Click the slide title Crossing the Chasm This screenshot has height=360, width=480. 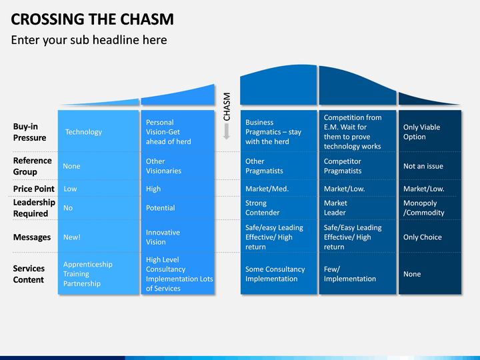92,19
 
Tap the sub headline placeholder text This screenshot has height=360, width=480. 89,40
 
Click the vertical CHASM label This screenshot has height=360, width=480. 227,107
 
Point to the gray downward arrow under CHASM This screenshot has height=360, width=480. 227,131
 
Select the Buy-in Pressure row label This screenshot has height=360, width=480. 30,132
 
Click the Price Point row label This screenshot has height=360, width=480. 34,189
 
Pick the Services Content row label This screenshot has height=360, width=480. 29,274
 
